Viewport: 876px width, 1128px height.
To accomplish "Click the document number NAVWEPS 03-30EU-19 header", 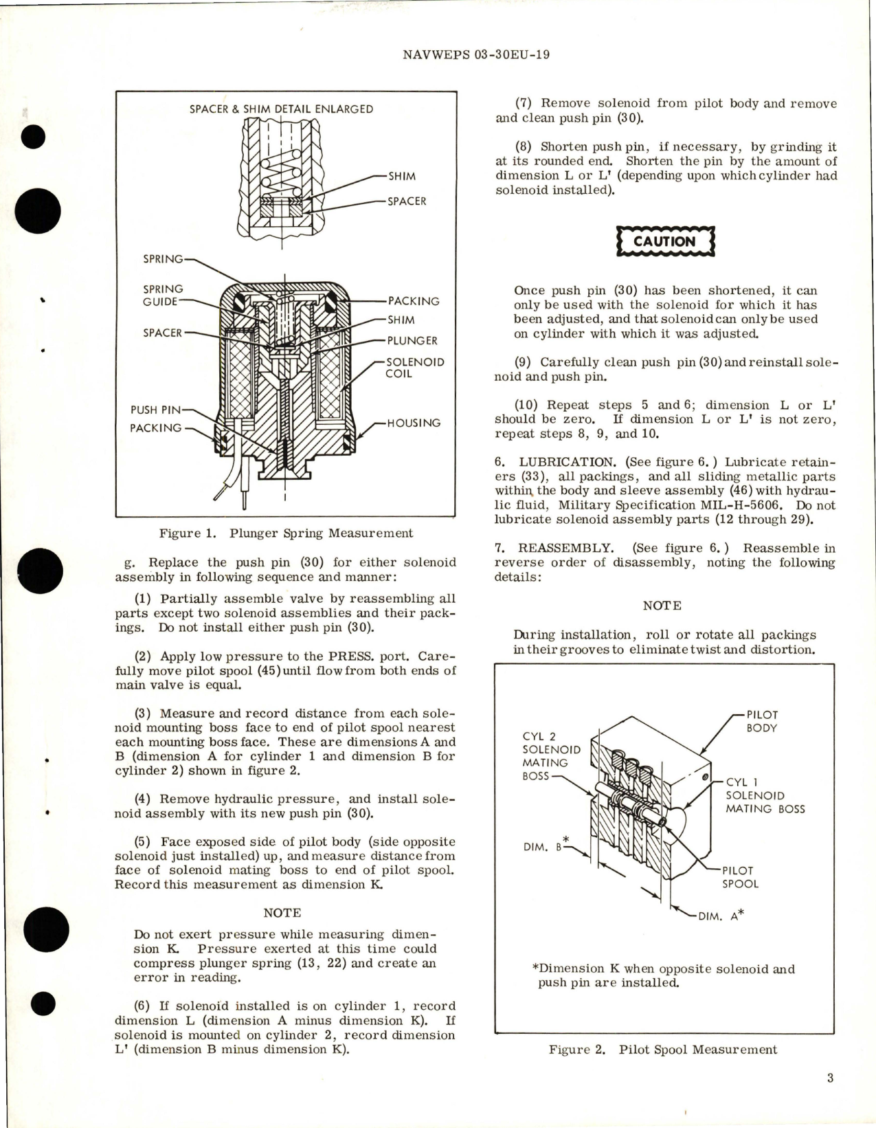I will tap(475, 55).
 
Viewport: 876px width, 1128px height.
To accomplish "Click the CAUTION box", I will tap(664, 242).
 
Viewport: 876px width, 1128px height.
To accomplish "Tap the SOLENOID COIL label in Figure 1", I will tap(414, 368).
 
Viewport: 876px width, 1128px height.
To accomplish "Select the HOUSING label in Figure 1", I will tap(414, 423).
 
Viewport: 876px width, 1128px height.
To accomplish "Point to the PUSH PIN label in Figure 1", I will tap(156, 410).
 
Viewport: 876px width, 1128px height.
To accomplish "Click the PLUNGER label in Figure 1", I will tap(412, 340).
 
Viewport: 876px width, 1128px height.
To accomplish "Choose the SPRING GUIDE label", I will tap(163, 295).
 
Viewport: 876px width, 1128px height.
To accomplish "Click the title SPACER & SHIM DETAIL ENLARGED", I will tap(281, 109).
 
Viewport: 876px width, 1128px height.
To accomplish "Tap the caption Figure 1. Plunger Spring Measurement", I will tap(286, 533).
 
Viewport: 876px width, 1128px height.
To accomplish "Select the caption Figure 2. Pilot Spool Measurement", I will tap(663, 1050).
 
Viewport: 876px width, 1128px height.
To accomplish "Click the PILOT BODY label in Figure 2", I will tap(762, 721).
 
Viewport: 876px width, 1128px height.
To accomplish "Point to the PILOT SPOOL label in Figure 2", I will tap(740, 876).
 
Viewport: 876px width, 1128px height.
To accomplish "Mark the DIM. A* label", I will tap(721, 915).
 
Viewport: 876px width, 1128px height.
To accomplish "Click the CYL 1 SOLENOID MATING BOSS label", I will tap(765, 795).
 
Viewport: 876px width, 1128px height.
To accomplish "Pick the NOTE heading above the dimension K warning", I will tap(282, 913).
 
